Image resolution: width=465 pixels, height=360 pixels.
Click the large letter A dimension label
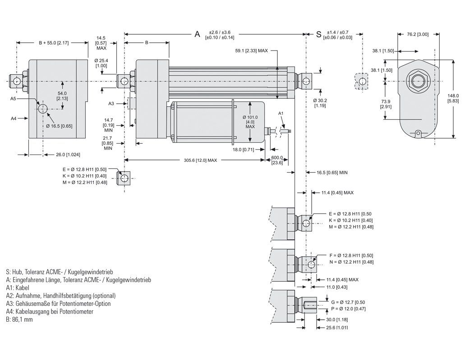(197, 34)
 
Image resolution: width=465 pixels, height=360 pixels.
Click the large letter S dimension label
(318, 34)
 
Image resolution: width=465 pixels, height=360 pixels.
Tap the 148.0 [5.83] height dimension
(453, 98)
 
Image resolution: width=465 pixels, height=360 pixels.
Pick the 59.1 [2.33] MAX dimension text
(252, 51)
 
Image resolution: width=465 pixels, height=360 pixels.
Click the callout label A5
(14, 98)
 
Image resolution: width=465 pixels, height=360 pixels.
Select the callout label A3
(111, 104)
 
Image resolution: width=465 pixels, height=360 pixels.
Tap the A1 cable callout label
(281, 113)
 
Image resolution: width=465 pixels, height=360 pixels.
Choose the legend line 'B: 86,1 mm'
(20, 319)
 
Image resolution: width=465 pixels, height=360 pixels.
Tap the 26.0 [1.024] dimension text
(65, 155)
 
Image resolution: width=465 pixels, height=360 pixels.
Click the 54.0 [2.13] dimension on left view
(62, 96)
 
